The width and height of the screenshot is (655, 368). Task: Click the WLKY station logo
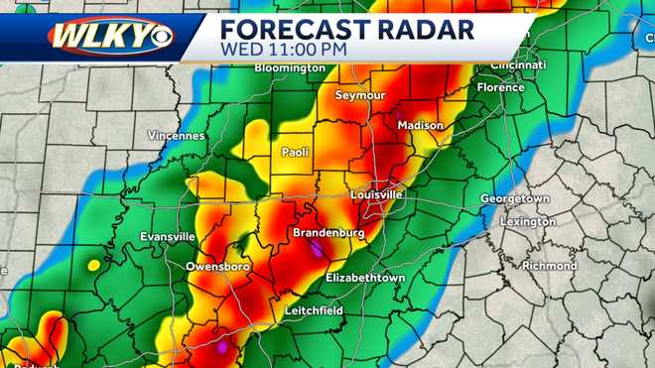[110, 36]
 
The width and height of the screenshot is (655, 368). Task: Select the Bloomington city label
[290, 68]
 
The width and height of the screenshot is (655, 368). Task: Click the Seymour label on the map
[360, 96]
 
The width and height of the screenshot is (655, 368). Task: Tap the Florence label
[500, 87]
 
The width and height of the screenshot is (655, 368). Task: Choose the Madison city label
[420, 126]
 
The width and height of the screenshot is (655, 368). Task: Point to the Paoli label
[294, 153]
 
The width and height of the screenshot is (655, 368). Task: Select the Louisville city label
[376, 194]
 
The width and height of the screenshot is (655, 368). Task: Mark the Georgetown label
[515, 198]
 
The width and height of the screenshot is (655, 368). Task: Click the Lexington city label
[528, 221]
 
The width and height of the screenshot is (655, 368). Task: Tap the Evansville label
[167, 237]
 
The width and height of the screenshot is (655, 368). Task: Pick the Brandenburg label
[327, 233]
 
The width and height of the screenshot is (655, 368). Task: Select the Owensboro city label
[217, 268]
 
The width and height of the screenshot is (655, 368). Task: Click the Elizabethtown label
[365, 278]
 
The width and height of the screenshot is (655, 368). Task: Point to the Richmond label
[549, 266]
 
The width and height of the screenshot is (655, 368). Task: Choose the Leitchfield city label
[314, 310]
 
